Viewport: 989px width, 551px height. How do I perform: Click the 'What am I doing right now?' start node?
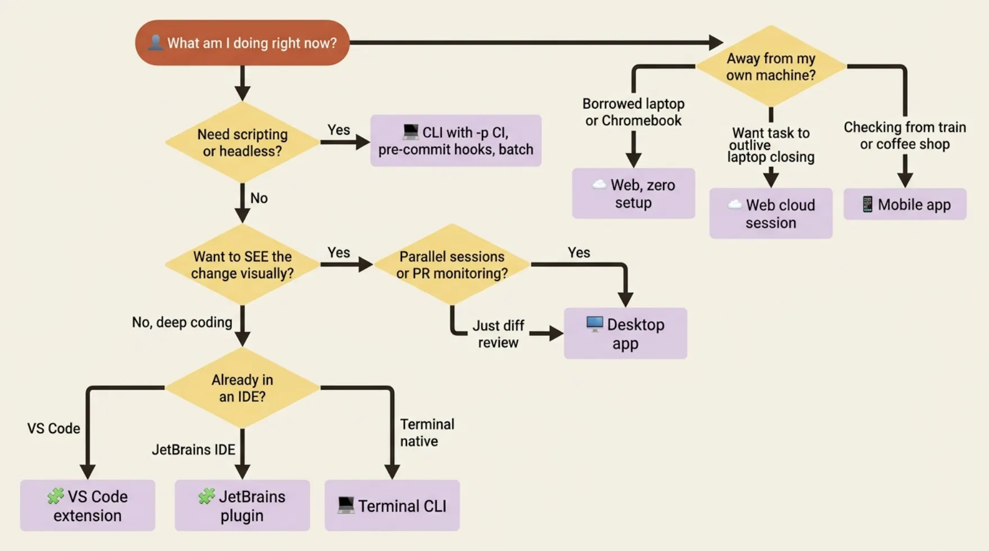242,43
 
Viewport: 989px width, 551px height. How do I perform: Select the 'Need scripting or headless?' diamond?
242,142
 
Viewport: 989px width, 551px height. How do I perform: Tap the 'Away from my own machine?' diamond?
771,66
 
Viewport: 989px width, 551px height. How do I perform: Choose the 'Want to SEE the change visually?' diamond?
242,264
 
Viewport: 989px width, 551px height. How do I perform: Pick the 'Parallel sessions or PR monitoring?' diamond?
452,264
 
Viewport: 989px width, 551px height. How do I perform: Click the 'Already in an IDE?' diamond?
242,388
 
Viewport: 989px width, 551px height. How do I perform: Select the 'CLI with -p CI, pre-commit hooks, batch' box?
456,140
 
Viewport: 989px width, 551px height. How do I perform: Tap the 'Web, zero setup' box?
634,193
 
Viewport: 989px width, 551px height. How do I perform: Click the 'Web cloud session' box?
771,213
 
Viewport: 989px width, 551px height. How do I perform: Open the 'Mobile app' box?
905,204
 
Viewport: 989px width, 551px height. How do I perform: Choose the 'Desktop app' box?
625,333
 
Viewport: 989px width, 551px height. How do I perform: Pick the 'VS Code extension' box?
88,505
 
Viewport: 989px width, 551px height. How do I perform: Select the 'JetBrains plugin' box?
242,505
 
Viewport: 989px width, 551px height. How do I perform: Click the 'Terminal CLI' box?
392,505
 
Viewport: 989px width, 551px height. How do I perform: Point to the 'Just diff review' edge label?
498,334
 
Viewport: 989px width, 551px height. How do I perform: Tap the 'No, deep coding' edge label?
182,322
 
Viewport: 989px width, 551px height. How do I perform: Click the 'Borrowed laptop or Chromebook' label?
633,112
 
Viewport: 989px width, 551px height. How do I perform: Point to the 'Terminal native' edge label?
427,433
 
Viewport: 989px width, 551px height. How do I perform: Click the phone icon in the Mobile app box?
867,204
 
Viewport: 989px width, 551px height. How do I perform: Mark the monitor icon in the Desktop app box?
594,325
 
